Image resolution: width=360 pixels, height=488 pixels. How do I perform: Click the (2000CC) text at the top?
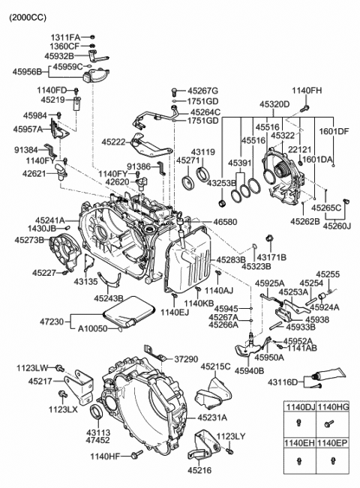point(28,18)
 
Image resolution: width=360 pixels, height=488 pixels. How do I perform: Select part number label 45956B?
point(27,72)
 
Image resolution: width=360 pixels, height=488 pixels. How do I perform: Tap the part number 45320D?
point(274,104)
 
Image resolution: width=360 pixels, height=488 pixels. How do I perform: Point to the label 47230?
point(52,321)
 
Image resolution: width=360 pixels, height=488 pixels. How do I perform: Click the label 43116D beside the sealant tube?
point(283,382)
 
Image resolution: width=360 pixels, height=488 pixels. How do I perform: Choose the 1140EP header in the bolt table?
point(332,443)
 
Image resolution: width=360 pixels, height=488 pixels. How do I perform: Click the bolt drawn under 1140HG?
point(328,424)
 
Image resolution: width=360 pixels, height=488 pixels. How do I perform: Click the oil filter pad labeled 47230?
point(127,311)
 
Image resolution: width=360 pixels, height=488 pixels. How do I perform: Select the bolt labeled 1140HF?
point(137,454)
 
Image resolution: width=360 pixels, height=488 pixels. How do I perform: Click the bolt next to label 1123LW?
point(60,368)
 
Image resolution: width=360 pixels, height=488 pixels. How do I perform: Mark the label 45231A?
point(212,418)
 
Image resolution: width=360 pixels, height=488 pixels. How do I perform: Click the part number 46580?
point(225,222)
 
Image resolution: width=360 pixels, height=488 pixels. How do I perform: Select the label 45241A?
point(49,220)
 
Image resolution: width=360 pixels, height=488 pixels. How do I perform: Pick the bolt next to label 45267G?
point(174,91)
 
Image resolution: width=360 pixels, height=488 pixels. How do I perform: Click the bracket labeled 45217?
point(79,387)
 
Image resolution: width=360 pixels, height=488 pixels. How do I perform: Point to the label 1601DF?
point(334,131)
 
